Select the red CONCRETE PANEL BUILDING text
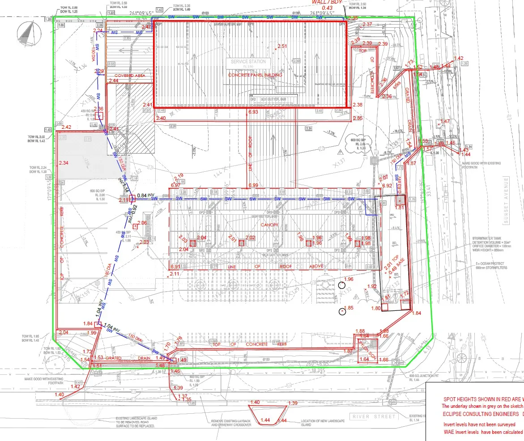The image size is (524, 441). (x=255, y=75)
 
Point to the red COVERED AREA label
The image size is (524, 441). (x=130, y=76)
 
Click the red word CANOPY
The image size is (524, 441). (x=269, y=225)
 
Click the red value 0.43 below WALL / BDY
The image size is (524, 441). (x=327, y=8)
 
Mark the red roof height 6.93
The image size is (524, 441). (x=253, y=111)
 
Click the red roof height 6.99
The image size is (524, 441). (x=253, y=185)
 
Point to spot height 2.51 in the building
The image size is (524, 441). (x=282, y=46)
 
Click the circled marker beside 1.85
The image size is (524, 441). (x=342, y=311)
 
